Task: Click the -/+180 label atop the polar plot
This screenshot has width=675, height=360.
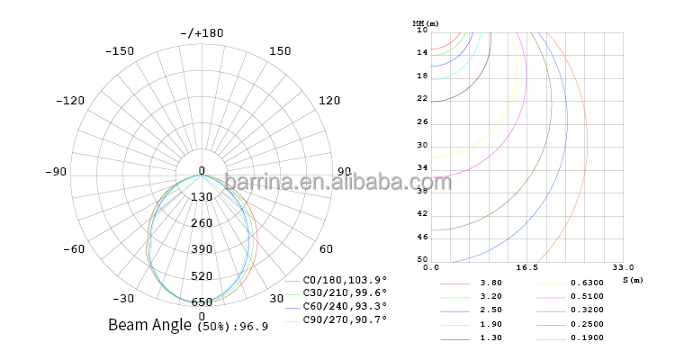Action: pyautogui.click(x=202, y=33)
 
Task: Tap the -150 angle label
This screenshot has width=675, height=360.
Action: pyautogui.click(x=120, y=51)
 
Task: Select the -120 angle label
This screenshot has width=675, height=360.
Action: pyautogui.click(x=70, y=101)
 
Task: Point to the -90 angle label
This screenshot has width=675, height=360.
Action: pyautogui.click(x=56, y=172)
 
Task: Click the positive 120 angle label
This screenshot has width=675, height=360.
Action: pyautogui.click(x=329, y=101)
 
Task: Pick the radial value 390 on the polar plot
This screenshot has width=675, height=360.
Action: pyautogui.click(x=202, y=249)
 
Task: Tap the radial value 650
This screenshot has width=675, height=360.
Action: pyautogui.click(x=202, y=302)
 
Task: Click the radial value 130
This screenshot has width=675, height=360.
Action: pyautogui.click(x=202, y=197)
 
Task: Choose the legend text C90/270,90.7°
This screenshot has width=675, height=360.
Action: pyautogui.click(x=345, y=319)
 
